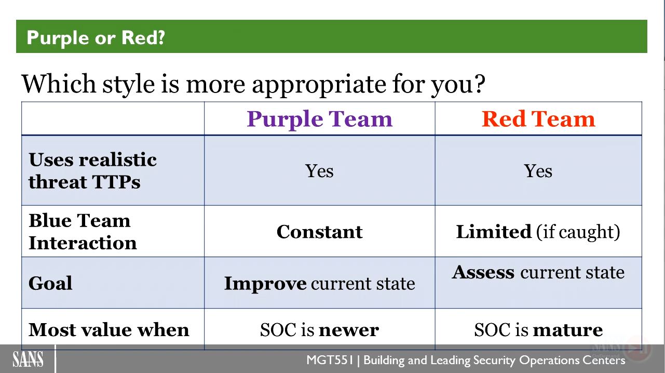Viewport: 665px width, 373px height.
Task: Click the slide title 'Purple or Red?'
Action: tap(96, 38)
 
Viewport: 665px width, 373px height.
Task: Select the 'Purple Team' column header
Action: tap(319, 119)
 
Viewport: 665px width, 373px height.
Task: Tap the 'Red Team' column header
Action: tap(538, 119)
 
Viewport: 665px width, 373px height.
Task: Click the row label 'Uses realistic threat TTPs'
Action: tap(92, 170)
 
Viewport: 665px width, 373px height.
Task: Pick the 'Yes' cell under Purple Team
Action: tap(319, 171)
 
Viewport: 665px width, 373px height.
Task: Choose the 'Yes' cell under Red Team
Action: tap(538, 171)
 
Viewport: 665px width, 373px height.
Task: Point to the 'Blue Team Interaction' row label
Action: tap(83, 232)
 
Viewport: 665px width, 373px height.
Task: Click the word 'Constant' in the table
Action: tap(319, 232)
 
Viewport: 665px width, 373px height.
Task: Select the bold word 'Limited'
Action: tap(494, 232)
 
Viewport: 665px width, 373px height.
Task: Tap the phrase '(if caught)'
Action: tap(578, 232)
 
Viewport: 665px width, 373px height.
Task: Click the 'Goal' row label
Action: tap(50, 283)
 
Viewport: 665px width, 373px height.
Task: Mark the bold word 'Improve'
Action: tap(265, 284)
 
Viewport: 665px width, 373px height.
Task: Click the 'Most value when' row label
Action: tap(108, 330)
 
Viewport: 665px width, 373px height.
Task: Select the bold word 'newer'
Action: tap(349, 330)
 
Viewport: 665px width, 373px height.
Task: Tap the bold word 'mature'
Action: tap(568, 330)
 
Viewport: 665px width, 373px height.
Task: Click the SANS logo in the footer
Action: tap(28, 359)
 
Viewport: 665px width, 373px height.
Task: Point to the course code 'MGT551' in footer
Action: tap(330, 360)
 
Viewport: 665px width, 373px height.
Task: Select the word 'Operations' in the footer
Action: tap(549, 361)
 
